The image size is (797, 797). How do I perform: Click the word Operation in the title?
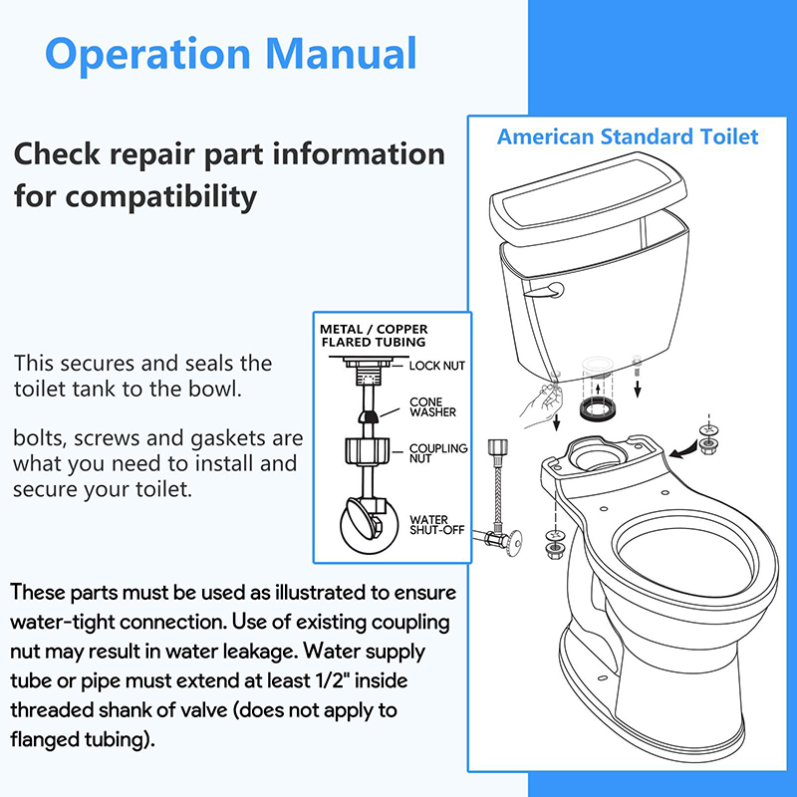tap(147, 55)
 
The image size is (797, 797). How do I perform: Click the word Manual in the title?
tap(341, 53)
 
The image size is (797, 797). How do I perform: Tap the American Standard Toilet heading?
tap(628, 136)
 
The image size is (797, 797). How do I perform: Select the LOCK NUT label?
tap(437, 366)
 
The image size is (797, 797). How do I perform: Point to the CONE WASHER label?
tap(432, 407)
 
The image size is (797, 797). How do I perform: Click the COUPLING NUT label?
tap(438, 453)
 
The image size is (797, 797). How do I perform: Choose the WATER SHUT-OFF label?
tap(437, 525)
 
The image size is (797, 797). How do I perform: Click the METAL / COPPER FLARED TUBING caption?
tap(374, 336)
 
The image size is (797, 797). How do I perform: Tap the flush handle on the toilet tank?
tap(545, 291)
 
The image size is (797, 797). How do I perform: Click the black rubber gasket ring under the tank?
tap(597, 409)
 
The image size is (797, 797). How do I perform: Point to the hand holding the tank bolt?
tap(542, 404)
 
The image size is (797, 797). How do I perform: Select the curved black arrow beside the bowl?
tap(684, 450)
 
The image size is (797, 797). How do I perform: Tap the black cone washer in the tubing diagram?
tap(369, 415)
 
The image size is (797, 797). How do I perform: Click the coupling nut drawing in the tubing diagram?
tap(367, 451)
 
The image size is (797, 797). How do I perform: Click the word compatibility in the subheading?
tap(160, 197)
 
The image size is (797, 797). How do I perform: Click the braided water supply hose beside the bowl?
tap(497, 489)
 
